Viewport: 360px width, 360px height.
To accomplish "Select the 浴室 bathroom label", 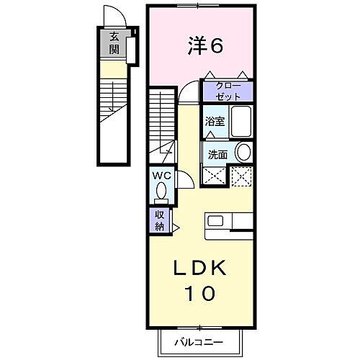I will pos(215,122).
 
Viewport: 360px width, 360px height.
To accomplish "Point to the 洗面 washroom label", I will pos(217,154).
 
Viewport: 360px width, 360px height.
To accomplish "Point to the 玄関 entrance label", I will pos(114,44).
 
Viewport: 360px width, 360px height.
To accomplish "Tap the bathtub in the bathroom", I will pos(240,121).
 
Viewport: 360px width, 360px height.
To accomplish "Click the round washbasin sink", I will pos(243,152).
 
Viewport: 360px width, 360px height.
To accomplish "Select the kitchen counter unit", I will pos(229,225).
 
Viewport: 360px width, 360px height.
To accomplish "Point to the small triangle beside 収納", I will pos(175,225).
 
